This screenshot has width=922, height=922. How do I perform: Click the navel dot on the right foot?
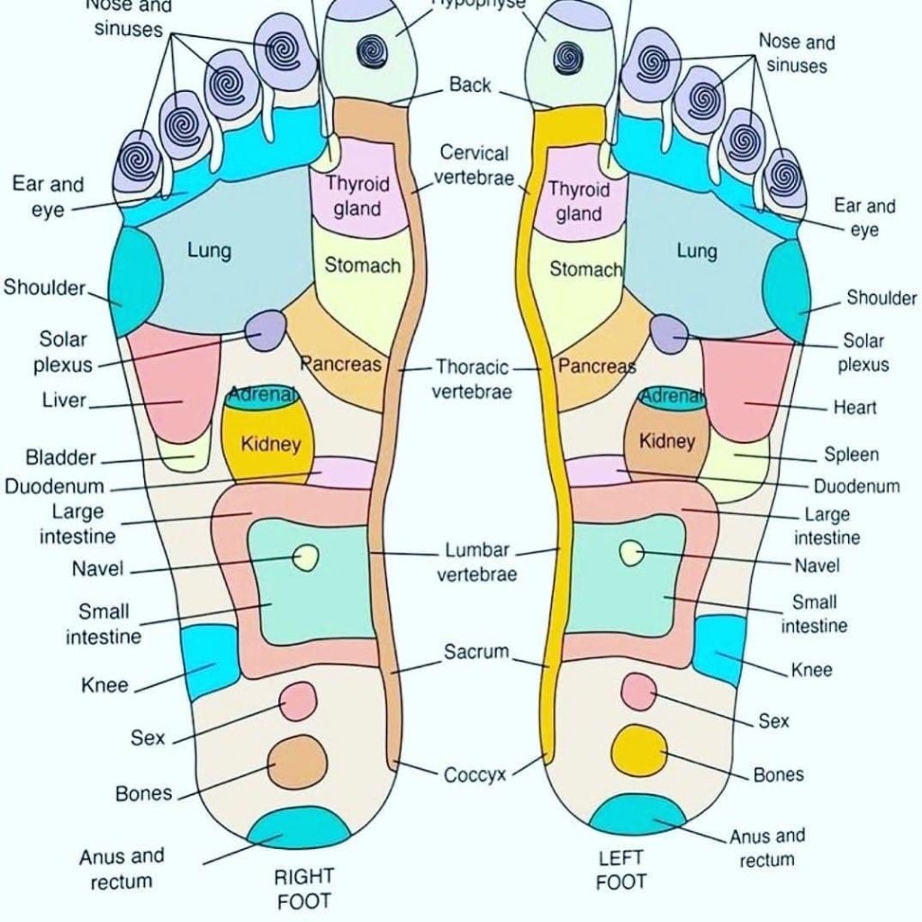pos(307,557)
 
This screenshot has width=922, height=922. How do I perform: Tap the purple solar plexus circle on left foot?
pos(667,333)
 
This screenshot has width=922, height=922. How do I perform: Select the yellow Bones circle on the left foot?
pos(639,749)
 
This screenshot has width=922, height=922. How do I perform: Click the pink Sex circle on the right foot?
pos(298,701)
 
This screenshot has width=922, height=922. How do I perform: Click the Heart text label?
pos(854,408)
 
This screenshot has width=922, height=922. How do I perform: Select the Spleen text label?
pos(851,455)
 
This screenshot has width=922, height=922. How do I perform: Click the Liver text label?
pos(64,400)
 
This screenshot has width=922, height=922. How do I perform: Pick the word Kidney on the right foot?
pos(270,444)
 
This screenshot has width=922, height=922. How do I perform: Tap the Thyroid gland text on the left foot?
pos(578,202)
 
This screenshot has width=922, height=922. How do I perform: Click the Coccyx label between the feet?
pos(475,774)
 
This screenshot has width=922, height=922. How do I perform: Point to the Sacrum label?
pos(476,652)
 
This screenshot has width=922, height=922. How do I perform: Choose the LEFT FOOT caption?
pos(621,871)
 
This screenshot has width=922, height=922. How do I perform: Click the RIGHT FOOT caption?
pos(303,888)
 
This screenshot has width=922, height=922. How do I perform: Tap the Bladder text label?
pos(60,457)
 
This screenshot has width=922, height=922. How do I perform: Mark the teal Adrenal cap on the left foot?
pos(672,398)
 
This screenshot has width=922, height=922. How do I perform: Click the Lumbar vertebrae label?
pos(477,562)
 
